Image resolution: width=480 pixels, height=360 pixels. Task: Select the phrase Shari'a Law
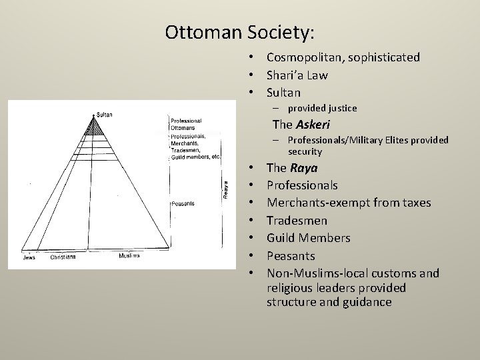[297, 75]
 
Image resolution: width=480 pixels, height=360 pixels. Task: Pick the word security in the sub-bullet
[305, 151]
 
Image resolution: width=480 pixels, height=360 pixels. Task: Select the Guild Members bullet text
[308, 238]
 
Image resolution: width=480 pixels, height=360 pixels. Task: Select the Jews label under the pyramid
[29, 257]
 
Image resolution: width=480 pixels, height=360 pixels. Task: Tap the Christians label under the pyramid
[63, 257]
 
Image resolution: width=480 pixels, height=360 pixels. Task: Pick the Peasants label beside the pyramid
[182, 203]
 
